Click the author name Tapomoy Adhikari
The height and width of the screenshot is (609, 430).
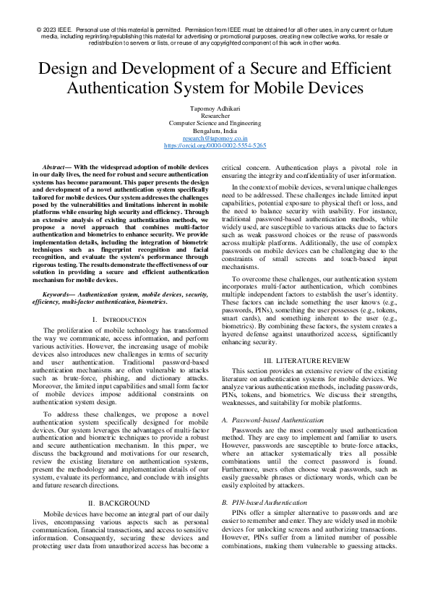(x=215, y=108)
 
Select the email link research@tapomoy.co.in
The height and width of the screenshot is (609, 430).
(x=215, y=137)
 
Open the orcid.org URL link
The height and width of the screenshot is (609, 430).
(x=215, y=145)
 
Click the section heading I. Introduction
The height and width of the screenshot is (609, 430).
(x=109, y=319)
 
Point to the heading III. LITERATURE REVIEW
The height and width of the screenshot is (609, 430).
(x=317, y=360)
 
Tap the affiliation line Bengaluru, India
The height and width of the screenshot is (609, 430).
(x=215, y=130)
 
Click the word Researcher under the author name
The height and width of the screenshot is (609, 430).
(x=215, y=115)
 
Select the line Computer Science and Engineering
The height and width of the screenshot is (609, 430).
(x=215, y=123)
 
